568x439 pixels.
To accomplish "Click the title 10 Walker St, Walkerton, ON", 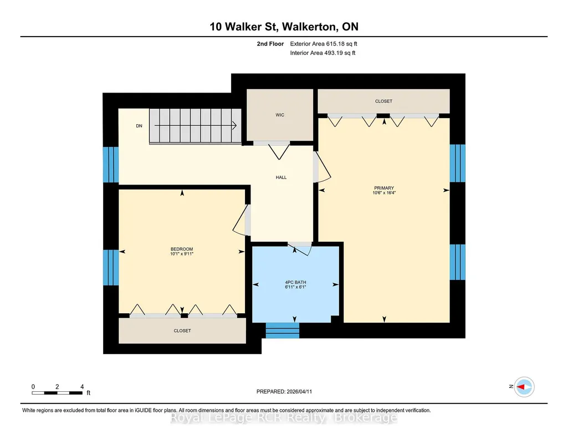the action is [284, 27].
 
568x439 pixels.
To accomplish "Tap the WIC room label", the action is [280, 115].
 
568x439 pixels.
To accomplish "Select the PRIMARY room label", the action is [384, 188].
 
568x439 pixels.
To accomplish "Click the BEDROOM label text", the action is [182, 249].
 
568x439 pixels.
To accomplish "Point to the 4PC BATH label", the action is [295, 282].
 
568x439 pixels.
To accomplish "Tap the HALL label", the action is [281, 177].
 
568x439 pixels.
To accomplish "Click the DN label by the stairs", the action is [139, 126].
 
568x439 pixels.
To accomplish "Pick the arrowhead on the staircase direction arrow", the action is [235, 126].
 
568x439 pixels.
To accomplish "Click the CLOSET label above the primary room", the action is [383, 101].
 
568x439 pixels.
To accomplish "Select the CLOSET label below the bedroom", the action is [182, 331].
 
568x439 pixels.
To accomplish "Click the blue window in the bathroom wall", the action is [283, 330].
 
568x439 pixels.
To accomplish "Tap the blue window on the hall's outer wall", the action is [111, 165].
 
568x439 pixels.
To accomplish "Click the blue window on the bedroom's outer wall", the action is [111, 267].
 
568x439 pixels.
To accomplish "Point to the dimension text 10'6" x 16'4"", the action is [384, 193].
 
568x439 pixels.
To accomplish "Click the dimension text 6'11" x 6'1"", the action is [295, 287].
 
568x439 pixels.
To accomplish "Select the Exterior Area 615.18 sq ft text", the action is [324, 44].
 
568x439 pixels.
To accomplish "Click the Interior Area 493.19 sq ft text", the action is [323, 53].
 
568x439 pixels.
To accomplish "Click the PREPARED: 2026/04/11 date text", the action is [284, 391].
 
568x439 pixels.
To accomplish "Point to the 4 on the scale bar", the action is [82, 387].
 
